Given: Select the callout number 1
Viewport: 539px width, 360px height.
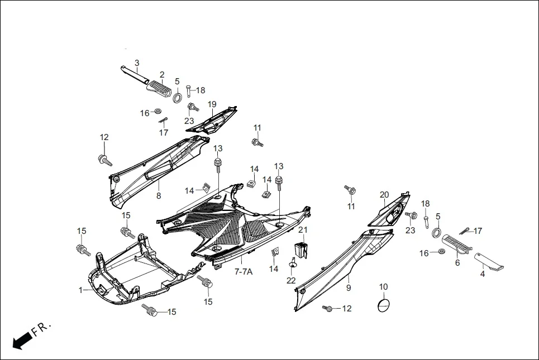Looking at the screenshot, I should click(x=80, y=290).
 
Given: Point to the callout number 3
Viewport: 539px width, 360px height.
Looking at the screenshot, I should click(x=137, y=63).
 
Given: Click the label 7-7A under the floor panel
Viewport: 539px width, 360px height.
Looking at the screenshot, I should click(x=244, y=272).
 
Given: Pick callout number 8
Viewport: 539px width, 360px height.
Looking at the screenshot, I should click(x=158, y=196).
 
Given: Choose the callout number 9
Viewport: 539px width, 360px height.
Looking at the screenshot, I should click(x=349, y=288).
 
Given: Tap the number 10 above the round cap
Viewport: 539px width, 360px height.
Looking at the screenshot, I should click(x=383, y=287).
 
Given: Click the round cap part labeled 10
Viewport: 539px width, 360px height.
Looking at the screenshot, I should click(x=384, y=305).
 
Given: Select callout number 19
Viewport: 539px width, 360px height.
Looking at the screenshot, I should click(x=212, y=104).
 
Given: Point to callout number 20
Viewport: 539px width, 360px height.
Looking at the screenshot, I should click(x=384, y=195).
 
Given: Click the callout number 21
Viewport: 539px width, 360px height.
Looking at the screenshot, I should click(x=303, y=230).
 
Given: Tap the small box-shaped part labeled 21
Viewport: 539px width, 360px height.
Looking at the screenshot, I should click(x=300, y=249).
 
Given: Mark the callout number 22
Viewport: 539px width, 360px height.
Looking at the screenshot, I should click(x=291, y=280).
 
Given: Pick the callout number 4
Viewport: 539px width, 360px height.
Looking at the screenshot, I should click(x=483, y=274).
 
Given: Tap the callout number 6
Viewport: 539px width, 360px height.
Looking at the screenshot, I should click(x=457, y=262).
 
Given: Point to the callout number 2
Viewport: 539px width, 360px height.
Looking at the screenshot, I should click(x=162, y=75).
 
